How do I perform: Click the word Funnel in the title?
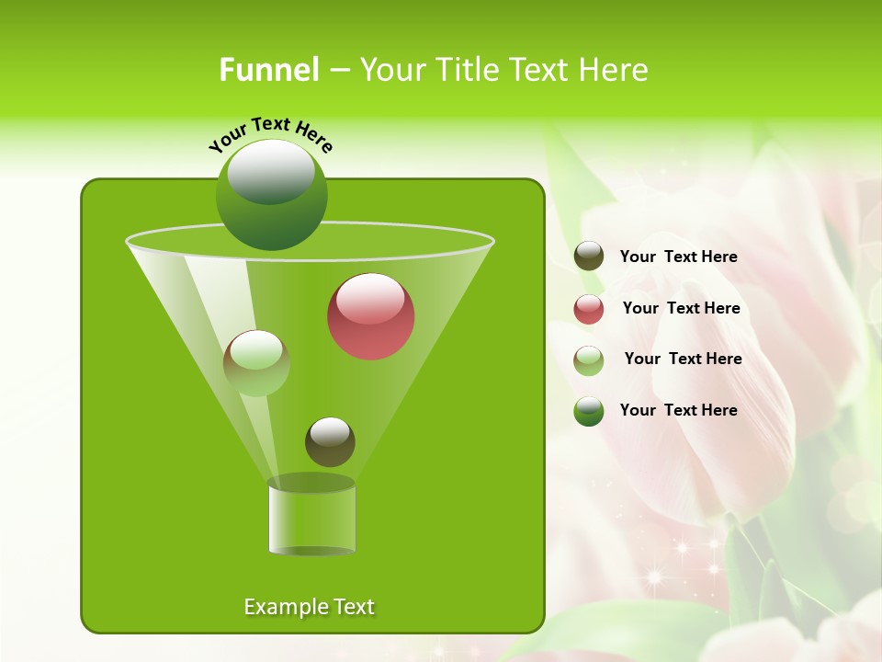(268, 70)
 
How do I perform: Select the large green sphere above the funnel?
(271, 194)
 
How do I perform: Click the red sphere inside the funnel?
(370, 317)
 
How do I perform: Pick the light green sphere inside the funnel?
(256, 363)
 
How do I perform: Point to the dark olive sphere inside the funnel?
(330, 441)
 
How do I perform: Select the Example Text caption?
(309, 607)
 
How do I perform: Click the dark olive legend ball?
(589, 257)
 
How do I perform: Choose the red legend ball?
(589, 309)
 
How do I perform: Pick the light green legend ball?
(589, 360)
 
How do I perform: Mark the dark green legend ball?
(589, 411)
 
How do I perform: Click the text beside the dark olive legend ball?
(678, 257)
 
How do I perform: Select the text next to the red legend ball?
(681, 309)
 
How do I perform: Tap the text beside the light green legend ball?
(683, 360)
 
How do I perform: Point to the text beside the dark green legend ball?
(678, 410)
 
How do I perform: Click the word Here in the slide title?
(614, 70)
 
